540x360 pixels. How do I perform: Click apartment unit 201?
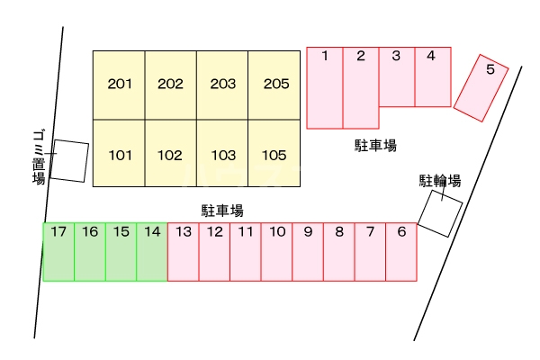(x=119, y=85)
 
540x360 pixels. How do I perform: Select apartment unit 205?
(x=274, y=85)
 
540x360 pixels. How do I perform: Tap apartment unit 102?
(x=170, y=153)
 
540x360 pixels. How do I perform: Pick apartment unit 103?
(x=222, y=153)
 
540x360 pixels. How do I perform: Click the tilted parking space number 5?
(x=481, y=88)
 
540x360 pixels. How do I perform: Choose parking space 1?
(x=325, y=88)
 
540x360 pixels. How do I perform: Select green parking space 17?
(x=58, y=252)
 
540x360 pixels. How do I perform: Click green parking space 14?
(x=152, y=252)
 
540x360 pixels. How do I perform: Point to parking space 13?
(x=184, y=252)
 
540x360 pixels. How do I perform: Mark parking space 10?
(x=276, y=252)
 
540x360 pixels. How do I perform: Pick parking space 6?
(x=401, y=252)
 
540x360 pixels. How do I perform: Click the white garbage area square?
(x=69, y=161)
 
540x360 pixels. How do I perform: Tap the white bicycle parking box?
(x=440, y=213)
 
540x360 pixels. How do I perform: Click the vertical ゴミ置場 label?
(x=39, y=157)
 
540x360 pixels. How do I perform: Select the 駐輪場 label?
(x=440, y=181)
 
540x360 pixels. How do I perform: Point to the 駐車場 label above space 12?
(x=222, y=211)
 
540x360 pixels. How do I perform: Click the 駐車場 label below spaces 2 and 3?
(x=375, y=146)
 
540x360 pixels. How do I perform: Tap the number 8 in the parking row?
(x=339, y=232)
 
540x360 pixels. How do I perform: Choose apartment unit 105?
(x=274, y=153)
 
